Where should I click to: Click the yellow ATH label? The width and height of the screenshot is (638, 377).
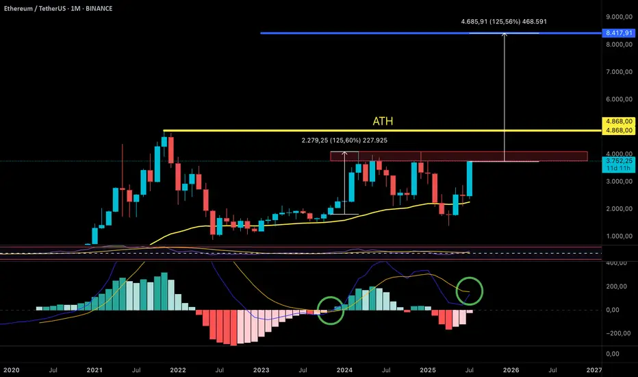coord(383,121)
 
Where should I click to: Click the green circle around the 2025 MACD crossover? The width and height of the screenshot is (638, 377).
coord(470,291)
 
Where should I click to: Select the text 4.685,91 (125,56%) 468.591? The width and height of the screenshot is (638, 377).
coord(504,21)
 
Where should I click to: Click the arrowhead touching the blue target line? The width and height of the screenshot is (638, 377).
coord(505,36)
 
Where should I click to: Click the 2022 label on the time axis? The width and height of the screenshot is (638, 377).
coord(178,369)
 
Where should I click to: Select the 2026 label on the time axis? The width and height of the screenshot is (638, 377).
coord(511,369)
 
